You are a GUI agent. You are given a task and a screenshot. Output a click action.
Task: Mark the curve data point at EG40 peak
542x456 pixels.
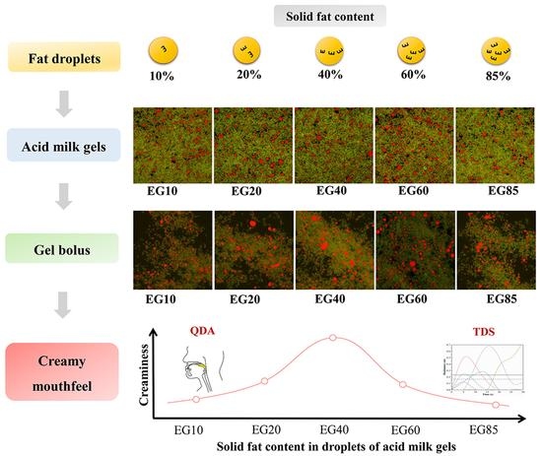[x=333, y=338]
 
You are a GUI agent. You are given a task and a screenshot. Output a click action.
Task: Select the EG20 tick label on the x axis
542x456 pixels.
[x=264, y=429]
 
